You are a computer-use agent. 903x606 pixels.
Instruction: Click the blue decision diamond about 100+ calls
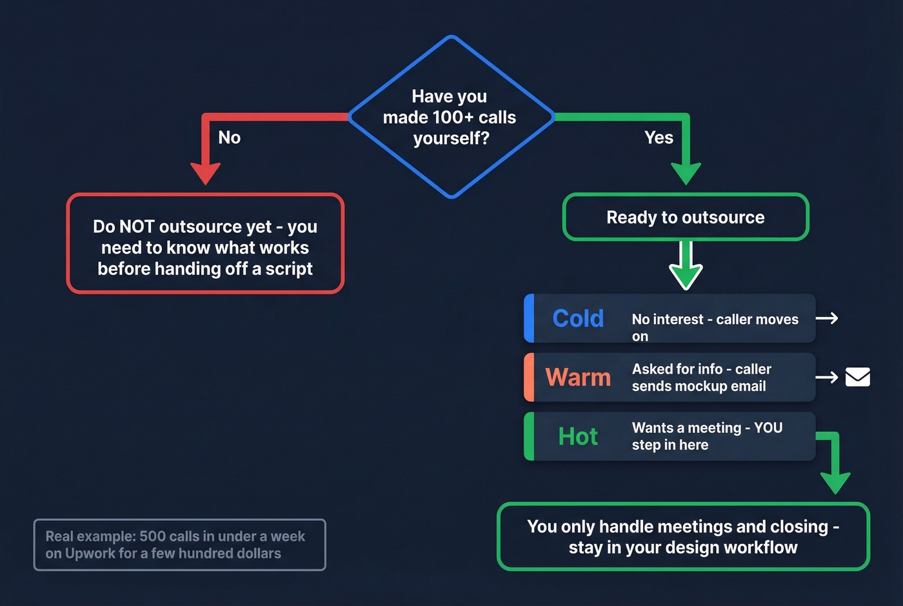(x=451, y=117)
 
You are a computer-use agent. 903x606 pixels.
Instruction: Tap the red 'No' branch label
(x=229, y=137)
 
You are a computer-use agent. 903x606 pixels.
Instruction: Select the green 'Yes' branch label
(x=659, y=137)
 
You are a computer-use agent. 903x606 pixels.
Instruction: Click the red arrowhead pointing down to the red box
(x=206, y=172)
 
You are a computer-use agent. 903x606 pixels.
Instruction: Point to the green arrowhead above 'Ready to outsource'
(x=686, y=172)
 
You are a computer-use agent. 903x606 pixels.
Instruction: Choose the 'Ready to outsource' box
(x=686, y=217)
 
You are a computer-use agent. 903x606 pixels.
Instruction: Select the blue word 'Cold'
(x=578, y=318)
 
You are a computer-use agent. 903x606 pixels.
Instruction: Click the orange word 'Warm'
(x=578, y=378)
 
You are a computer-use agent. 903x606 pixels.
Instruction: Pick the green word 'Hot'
(x=578, y=437)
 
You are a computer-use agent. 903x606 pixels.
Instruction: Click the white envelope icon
(x=857, y=377)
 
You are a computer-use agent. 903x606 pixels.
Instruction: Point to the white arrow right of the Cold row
(x=827, y=318)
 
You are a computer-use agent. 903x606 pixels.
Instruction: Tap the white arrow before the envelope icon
(x=827, y=377)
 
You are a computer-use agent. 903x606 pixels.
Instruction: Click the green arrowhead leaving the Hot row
(x=835, y=481)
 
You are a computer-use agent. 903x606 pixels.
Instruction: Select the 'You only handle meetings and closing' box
(x=683, y=536)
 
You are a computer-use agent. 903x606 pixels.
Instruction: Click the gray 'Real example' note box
(x=179, y=545)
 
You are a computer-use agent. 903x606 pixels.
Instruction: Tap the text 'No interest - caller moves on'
(x=715, y=327)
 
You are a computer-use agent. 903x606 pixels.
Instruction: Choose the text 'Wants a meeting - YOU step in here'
(x=707, y=436)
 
